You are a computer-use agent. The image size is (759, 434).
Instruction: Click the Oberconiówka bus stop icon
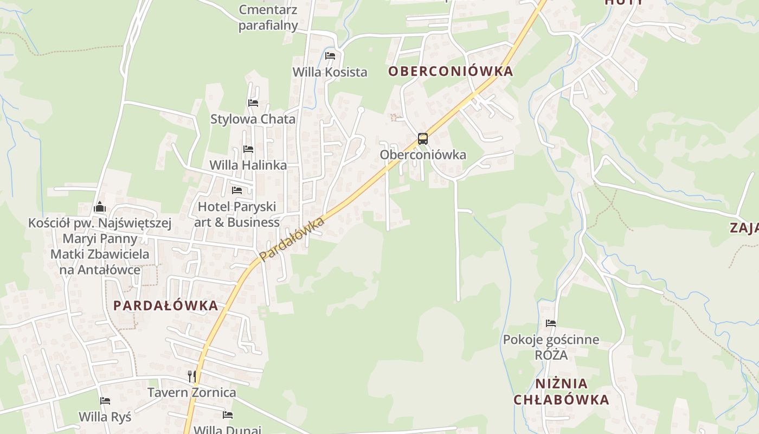tap(423, 139)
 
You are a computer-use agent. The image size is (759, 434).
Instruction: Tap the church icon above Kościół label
tap(100, 207)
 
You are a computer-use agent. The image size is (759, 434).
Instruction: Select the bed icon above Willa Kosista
tap(330, 56)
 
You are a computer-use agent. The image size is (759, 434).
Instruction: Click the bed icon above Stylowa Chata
tap(253, 103)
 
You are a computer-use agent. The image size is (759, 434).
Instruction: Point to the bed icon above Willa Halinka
tap(248, 149)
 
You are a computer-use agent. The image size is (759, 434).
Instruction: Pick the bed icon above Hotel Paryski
tap(237, 190)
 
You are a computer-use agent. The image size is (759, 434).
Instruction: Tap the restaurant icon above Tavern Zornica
tap(191, 376)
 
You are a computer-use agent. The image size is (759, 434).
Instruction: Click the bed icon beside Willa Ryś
tap(105, 401)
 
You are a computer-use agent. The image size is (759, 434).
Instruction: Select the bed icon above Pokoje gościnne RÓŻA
tap(551, 323)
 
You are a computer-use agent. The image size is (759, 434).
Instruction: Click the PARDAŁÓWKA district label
tap(165, 305)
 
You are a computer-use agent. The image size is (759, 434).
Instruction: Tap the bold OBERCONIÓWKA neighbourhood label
tap(450, 72)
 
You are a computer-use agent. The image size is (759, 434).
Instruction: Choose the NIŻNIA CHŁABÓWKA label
tap(561, 392)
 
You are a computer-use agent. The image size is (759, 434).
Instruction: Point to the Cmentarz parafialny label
tap(268, 17)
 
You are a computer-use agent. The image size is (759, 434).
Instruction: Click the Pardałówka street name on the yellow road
tap(292, 239)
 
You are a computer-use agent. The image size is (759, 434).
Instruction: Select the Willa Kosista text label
tap(330, 72)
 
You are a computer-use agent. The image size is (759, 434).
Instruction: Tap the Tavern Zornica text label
tap(192, 392)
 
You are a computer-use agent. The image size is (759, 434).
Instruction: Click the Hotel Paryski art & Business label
tap(237, 214)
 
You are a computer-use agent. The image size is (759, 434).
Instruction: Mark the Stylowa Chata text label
tap(253, 119)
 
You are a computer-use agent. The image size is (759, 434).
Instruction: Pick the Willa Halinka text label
tap(248, 165)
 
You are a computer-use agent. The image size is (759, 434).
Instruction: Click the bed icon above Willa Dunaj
tap(228, 415)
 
